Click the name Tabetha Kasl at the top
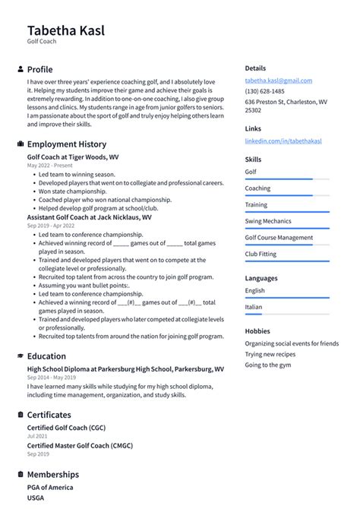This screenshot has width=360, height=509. coord(66,30)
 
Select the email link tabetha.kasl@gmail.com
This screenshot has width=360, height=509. coord(278,81)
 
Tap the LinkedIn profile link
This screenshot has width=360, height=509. coord(279,141)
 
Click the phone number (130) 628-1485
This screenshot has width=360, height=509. coord(266,91)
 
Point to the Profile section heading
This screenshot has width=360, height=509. coord(39,69)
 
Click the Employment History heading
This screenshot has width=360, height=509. coord(66,144)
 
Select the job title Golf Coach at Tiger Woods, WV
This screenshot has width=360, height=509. coord(72,157)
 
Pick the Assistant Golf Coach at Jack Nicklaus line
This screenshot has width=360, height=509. coord(89,217)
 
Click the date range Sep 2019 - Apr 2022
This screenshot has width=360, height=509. coord(51,226)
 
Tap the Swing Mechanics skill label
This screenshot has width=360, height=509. coord(267,221)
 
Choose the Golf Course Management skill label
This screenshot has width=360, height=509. coord(278,238)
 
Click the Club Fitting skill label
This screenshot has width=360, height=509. coord(261,254)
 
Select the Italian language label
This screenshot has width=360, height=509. coord(253,307)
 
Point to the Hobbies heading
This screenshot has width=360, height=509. coord(257,331)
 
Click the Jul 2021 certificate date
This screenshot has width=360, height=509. coord(37,437)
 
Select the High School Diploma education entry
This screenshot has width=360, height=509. coord(125,368)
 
